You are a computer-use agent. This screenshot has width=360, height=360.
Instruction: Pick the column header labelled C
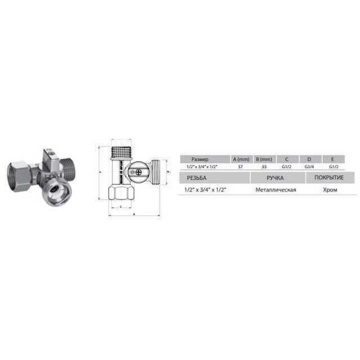[x=287, y=159]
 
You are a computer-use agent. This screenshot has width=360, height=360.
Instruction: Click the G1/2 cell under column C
[x=287, y=167]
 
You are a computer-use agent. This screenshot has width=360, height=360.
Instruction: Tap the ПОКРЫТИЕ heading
[x=329, y=178]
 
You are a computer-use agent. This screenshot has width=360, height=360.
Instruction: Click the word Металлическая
[x=276, y=190]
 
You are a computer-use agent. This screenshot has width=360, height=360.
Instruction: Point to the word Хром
[x=330, y=190]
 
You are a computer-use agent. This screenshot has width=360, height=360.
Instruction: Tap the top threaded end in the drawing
[x=121, y=151]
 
